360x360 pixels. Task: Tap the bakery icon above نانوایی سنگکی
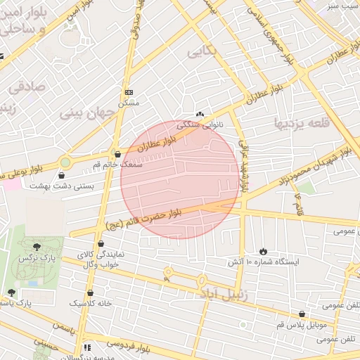[200, 114]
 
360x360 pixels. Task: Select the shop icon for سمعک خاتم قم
[117, 154]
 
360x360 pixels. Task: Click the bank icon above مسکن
[129, 92]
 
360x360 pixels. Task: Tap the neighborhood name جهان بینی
[83, 112]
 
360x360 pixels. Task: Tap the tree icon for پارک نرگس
[37, 247]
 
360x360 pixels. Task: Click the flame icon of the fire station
[263, 251]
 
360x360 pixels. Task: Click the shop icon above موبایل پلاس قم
[302, 314]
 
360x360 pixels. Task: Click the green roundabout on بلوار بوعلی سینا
[65, 162]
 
